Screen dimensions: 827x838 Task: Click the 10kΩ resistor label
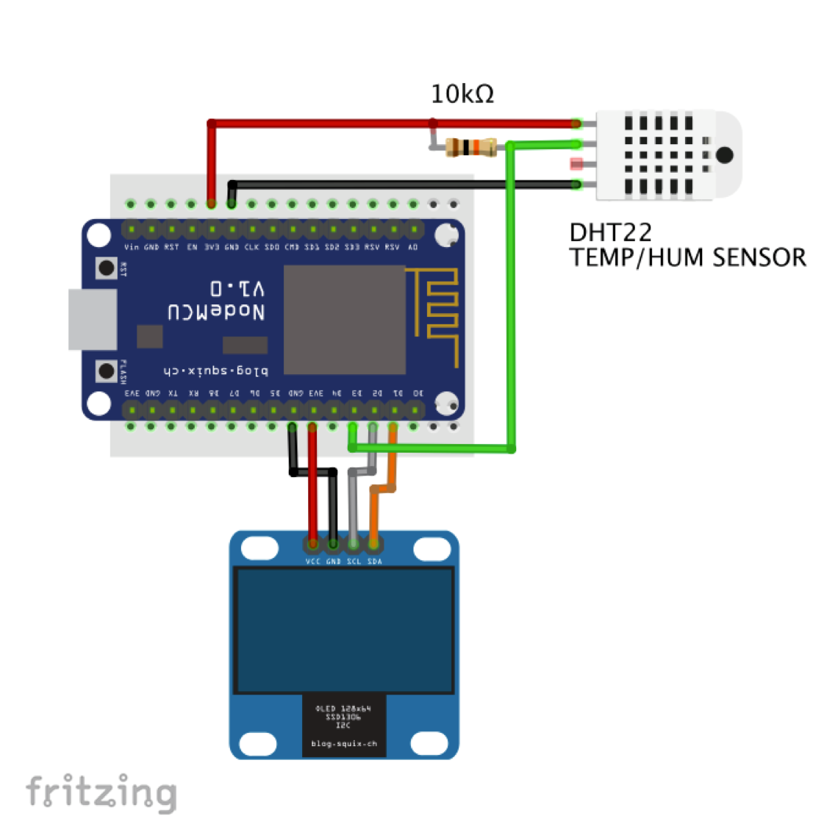pos(462,94)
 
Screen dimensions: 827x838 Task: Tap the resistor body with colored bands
pos(472,147)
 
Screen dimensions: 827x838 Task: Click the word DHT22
pos(610,232)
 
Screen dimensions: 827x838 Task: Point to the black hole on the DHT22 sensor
pos(724,155)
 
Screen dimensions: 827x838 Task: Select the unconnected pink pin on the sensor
pos(576,164)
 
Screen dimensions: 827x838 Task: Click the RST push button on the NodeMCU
pos(107,268)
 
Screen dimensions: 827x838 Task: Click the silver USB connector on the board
pos(93,319)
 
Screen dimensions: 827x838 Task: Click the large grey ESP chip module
pos(345,320)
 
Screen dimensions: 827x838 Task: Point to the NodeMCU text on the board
pos(216,312)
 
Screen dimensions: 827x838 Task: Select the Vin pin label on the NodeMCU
pos(132,248)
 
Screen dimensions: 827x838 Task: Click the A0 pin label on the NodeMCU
pos(413,248)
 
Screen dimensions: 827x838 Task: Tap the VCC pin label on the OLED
pos(312,562)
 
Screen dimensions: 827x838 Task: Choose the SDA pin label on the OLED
pos(374,562)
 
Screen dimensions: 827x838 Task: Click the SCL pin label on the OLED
pos(354,562)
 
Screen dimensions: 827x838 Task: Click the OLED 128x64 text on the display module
pos(343,709)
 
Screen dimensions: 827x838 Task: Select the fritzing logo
pos(101,792)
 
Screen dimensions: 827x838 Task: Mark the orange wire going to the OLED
pos(374,515)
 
